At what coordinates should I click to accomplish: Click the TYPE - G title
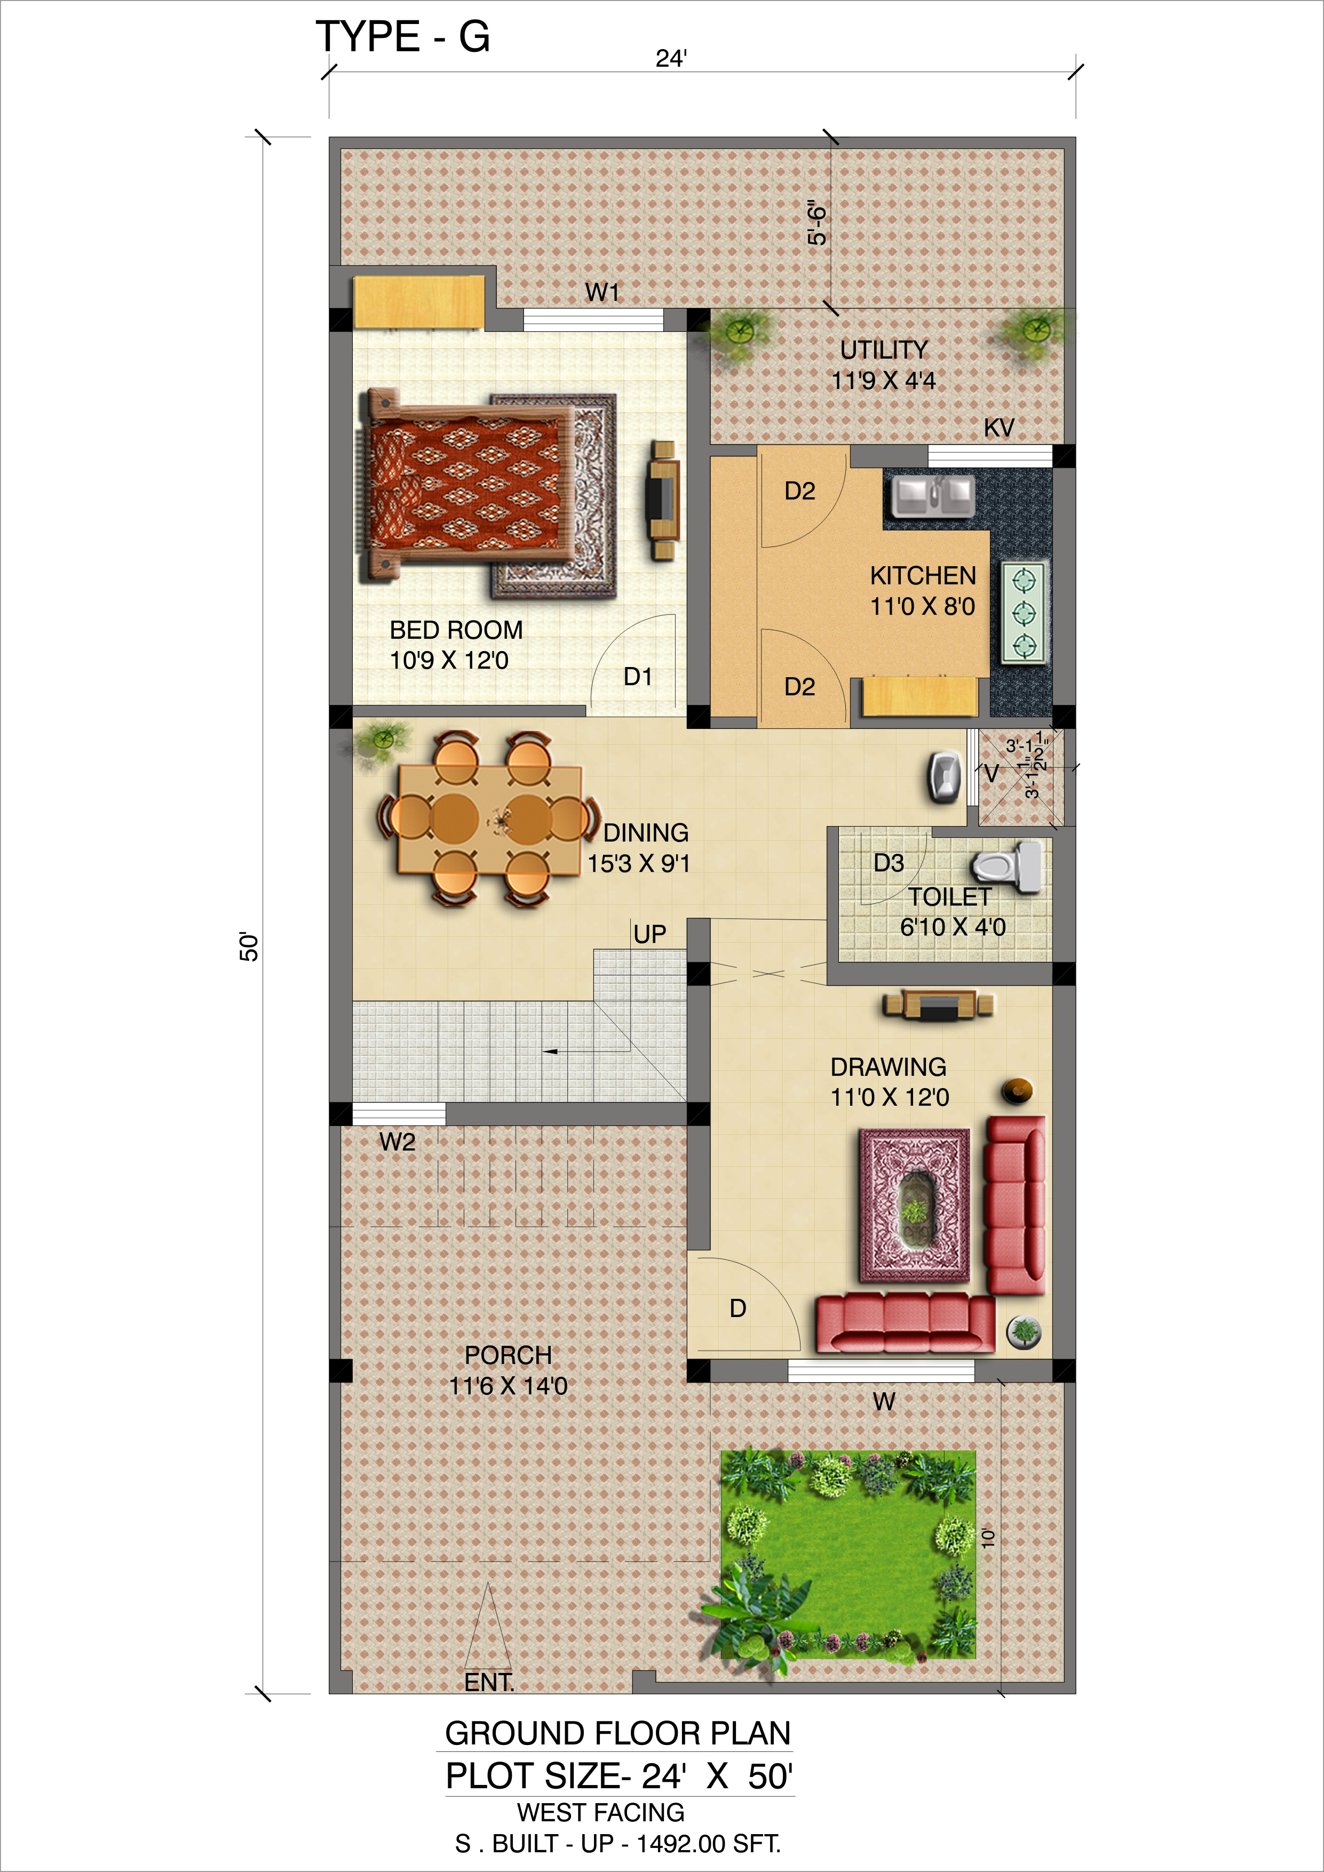(x=403, y=37)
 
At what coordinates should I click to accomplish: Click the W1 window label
(x=602, y=292)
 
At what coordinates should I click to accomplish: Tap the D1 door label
(x=638, y=677)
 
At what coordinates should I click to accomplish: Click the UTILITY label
(x=884, y=350)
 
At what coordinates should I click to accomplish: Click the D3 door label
(x=889, y=862)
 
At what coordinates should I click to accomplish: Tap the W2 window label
(x=397, y=1141)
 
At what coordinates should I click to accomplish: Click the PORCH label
(x=508, y=1355)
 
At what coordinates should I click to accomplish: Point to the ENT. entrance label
(x=489, y=1682)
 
